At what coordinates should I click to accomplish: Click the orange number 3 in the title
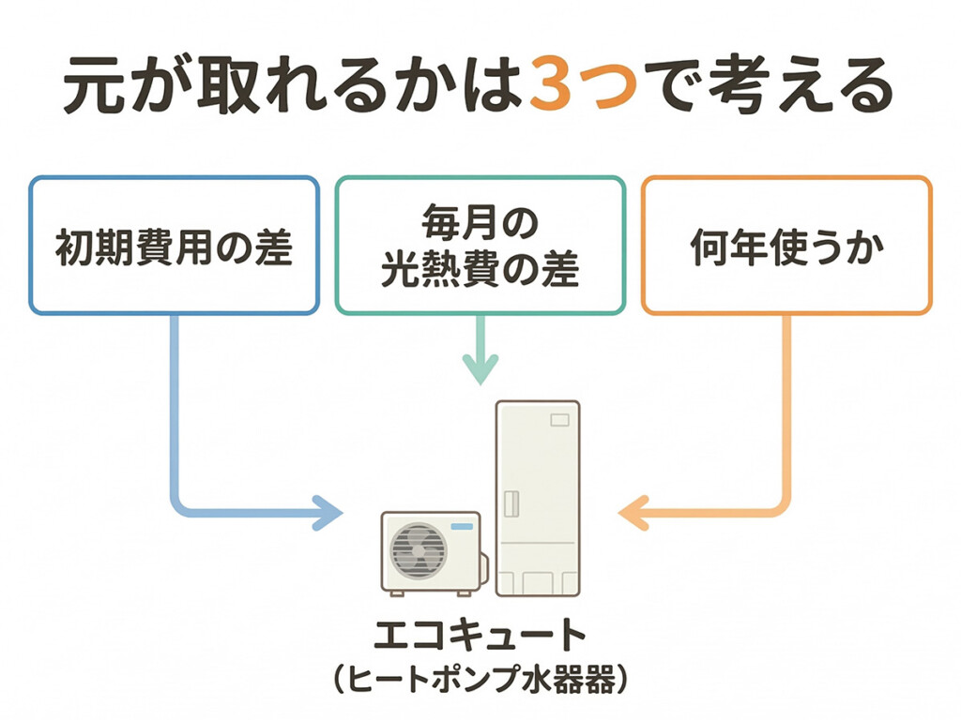click(560, 87)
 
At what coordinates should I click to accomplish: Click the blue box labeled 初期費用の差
click(174, 246)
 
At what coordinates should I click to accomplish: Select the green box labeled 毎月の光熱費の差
click(480, 246)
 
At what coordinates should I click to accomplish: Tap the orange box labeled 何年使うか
click(786, 246)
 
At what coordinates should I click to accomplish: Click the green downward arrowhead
click(480, 369)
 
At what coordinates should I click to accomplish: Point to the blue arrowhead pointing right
click(327, 513)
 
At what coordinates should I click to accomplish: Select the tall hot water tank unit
click(537, 497)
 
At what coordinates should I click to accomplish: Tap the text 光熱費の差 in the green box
click(480, 270)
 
